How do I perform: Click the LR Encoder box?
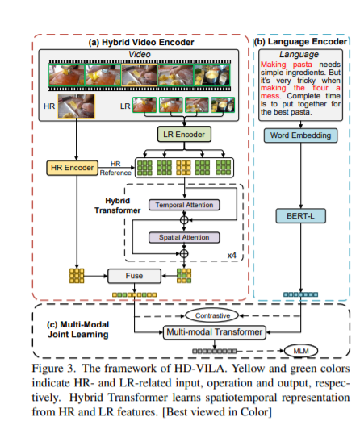pos(184,134)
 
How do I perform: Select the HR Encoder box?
pos(72,168)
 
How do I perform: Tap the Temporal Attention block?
pos(184,205)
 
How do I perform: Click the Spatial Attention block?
pos(184,237)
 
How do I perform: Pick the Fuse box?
pos(134,276)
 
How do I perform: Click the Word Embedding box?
pos(300,135)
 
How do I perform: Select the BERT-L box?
pos(300,216)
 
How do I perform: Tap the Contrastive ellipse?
pos(212,315)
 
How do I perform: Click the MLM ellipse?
pos(301,351)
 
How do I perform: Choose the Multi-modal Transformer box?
pos(215,332)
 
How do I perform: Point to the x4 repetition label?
pos(232,255)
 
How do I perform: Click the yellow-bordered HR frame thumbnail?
pos(76,106)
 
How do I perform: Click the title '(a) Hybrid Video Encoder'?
pos(141,42)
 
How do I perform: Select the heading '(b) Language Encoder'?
pos(300,41)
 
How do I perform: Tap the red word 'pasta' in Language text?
pos(302,65)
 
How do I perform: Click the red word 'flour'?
pos(320,88)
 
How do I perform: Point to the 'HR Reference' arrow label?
pos(115,169)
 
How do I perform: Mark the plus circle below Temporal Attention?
pos(184,220)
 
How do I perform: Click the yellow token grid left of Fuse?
pos(77,276)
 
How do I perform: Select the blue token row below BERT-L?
pos(300,294)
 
